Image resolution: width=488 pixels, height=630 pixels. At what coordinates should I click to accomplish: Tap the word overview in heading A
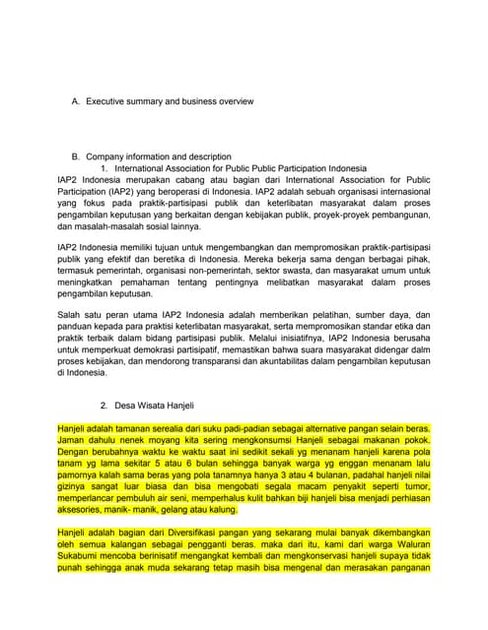click(x=234, y=101)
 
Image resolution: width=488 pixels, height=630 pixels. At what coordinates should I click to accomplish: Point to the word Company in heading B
click(x=105, y=157)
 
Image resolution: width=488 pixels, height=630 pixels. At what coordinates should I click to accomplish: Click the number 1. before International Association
click(x=105, y=168)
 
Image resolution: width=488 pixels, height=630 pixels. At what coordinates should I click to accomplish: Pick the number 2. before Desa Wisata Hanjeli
click(x=105, y=406)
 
